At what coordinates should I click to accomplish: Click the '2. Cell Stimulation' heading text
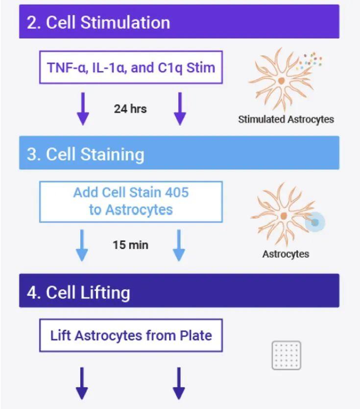tap(98, 23)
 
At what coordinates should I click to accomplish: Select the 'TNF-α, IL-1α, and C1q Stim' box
tap(131, 68)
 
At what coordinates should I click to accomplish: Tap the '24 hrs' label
tap(130, 109)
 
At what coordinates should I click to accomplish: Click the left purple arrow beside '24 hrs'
tap(83, 109)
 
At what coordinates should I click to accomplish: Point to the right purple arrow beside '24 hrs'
tap(180, 109)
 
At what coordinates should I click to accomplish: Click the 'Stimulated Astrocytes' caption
tap(286, 119)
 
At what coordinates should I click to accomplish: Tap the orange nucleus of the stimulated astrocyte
tap(281, 81)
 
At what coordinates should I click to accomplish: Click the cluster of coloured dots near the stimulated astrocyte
tap(310, 61)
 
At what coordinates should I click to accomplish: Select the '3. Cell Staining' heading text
tap(85, 155)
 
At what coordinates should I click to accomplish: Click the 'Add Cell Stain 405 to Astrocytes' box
tap(131, 202)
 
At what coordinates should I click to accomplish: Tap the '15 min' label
tap(130, 245)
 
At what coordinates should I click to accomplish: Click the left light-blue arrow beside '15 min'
tap(82, 245)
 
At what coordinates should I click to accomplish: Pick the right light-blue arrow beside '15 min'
tap(179, 245)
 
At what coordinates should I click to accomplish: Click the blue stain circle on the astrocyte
tap(315, 222)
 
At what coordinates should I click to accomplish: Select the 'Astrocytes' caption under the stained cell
tap(286, 254)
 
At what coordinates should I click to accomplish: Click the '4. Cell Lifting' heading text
tap(78, 292)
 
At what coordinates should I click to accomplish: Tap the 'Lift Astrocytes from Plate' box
tap(131, 336)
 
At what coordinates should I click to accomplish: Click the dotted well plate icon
tap(287, 355)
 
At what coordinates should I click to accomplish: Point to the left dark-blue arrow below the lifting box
tap(82, 384)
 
